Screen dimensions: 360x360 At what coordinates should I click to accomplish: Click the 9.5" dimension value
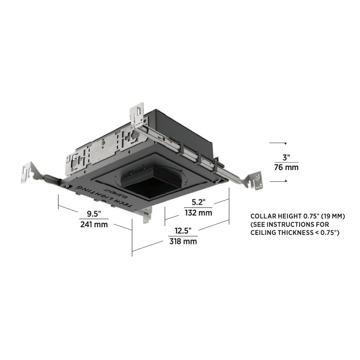(94, 214)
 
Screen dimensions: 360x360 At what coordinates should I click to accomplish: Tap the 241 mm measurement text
(94, 224)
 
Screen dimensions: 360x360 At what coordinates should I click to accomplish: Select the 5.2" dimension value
(198, 202)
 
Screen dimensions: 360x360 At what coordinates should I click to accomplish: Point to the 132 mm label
(198, 213)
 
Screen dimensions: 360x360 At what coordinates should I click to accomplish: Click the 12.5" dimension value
(183, 231)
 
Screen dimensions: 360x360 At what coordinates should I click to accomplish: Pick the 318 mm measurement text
(183, 241)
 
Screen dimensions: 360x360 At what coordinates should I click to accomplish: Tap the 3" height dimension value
(286, 158)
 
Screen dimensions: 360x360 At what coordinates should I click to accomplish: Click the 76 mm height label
(286, 167)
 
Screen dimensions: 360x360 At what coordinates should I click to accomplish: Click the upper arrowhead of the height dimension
(285, 144)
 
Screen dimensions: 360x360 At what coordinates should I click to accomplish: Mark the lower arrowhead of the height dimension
(286, 181)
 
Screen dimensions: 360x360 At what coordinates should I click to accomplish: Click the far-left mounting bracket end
(27, 172)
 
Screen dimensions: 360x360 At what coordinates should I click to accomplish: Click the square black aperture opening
(152, 186)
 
